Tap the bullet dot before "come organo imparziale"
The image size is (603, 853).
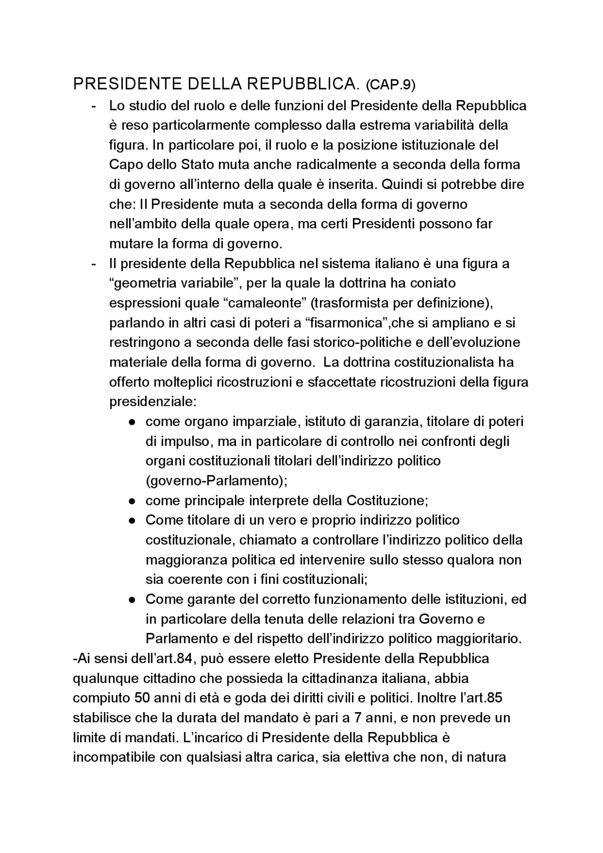133,422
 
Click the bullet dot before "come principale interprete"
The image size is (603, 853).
133,500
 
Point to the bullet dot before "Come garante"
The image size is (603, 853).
133,599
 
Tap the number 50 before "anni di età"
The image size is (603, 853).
141,698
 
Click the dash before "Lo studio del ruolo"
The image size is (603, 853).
94,106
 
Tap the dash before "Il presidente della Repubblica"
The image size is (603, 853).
94,263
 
